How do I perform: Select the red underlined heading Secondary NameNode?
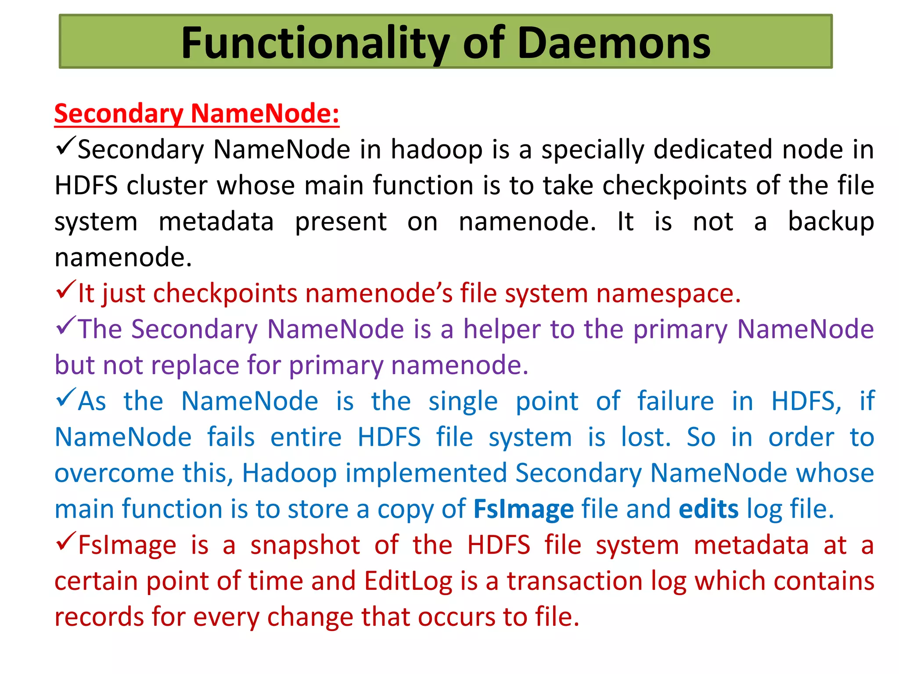[x=197, y=114]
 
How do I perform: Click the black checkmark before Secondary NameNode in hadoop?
[x=66, y=146]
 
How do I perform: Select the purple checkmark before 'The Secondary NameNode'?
[x=66, y=326]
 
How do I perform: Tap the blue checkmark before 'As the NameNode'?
[x=66, y=398]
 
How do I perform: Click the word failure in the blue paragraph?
[x=675, y=401]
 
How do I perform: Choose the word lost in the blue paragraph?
[x=646, y=437]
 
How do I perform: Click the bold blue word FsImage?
[x=523, y=509]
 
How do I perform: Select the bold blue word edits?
[x=708, y=509]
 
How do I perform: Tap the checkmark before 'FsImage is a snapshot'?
[x=66, y=541]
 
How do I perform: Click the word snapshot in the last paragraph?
[x=305, y=545]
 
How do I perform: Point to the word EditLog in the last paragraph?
[x=408, y=581]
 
